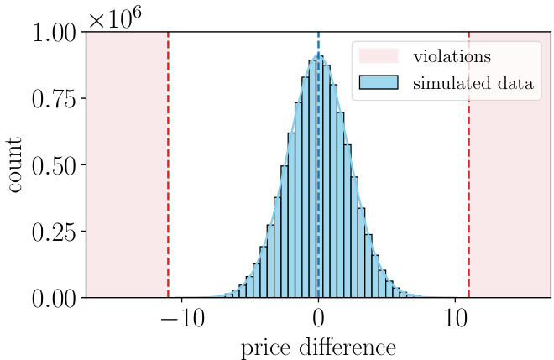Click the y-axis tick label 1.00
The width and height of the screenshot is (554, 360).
click(x=55, y=34)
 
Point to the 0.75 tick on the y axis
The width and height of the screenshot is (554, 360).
click(x=55, y=100)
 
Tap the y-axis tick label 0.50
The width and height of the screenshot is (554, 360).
click(x=55, y=165)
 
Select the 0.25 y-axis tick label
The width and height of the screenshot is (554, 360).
click(x=55, y=232)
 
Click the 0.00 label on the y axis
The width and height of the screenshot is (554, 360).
click(x=55, y=298)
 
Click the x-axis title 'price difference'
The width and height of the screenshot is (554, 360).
click(x=318, y=347)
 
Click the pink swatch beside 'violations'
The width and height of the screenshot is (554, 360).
click(x=379, y=57)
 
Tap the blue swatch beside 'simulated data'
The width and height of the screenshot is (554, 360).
click(x=379, y=84)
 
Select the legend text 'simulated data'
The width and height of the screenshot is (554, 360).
click(x=473, y=84)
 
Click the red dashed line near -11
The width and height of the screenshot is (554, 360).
click(x=168, y=168)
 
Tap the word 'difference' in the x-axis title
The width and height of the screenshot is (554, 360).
click(x=349, y=347)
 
